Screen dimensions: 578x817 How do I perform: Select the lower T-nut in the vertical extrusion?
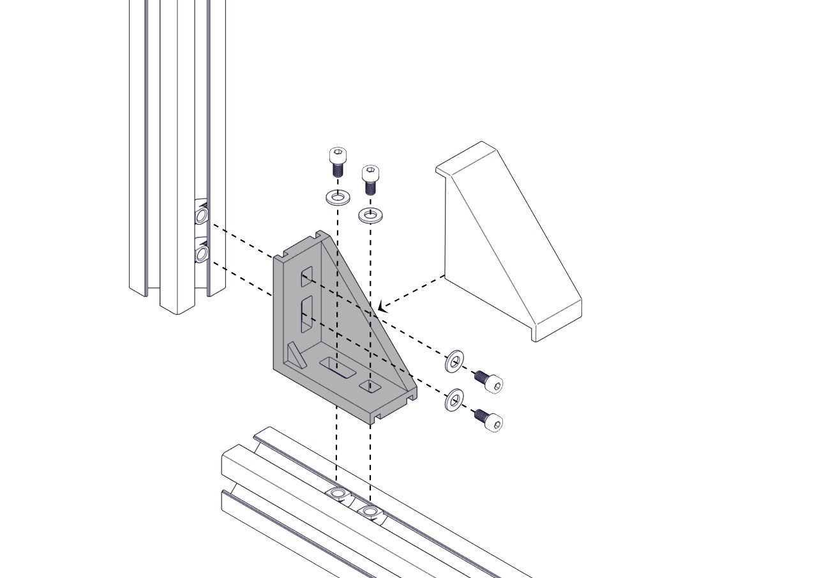click(x=202, y=254)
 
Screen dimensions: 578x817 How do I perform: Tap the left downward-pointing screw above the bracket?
click(x=337, y=162)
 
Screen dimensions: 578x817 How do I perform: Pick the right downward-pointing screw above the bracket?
click(x=370, y=179)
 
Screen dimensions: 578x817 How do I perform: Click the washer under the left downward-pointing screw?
click(x=338, y=197)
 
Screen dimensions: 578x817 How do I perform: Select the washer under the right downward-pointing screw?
click(x=370, y=215)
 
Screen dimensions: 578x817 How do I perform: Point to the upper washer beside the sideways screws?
click(x=454, y=362)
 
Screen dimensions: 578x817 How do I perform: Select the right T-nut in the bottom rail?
click(x=370, y=511)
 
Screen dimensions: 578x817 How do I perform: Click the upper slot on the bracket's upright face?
click(x=307, y=276)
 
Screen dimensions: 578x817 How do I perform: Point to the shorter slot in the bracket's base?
click(x=370, y=386)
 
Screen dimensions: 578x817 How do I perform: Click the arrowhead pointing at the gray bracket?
click(x=382, y=307)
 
